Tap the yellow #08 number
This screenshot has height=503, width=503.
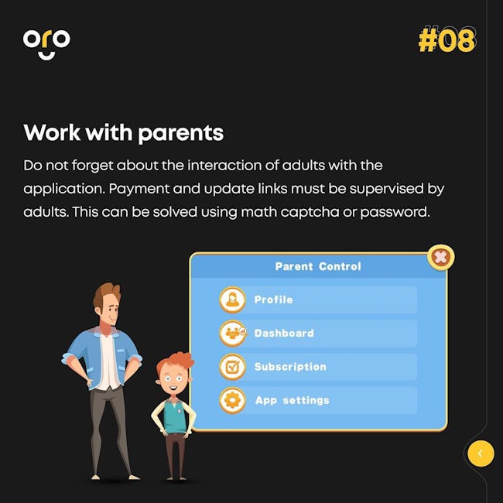[447, 40]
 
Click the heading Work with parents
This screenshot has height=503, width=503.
[124, 133]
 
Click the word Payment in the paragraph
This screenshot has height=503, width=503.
[139, 189]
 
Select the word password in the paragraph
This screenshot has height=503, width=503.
[395, 212]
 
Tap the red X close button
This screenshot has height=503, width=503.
[441, 257]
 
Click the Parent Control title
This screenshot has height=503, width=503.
[318, 266]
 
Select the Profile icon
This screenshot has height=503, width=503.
[233, 299]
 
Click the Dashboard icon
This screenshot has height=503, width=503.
[233, 334]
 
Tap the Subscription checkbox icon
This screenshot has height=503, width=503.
[233, 367]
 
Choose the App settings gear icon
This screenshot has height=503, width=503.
[233, 400]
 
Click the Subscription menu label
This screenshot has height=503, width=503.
[290, 367]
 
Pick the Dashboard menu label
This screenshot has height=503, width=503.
[284, 334]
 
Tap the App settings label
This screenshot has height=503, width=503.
[293, 401]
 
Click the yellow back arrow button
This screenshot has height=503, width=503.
[481, 453]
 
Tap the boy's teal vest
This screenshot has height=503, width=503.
[175, 416]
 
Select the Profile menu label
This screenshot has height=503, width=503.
[273, 299]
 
